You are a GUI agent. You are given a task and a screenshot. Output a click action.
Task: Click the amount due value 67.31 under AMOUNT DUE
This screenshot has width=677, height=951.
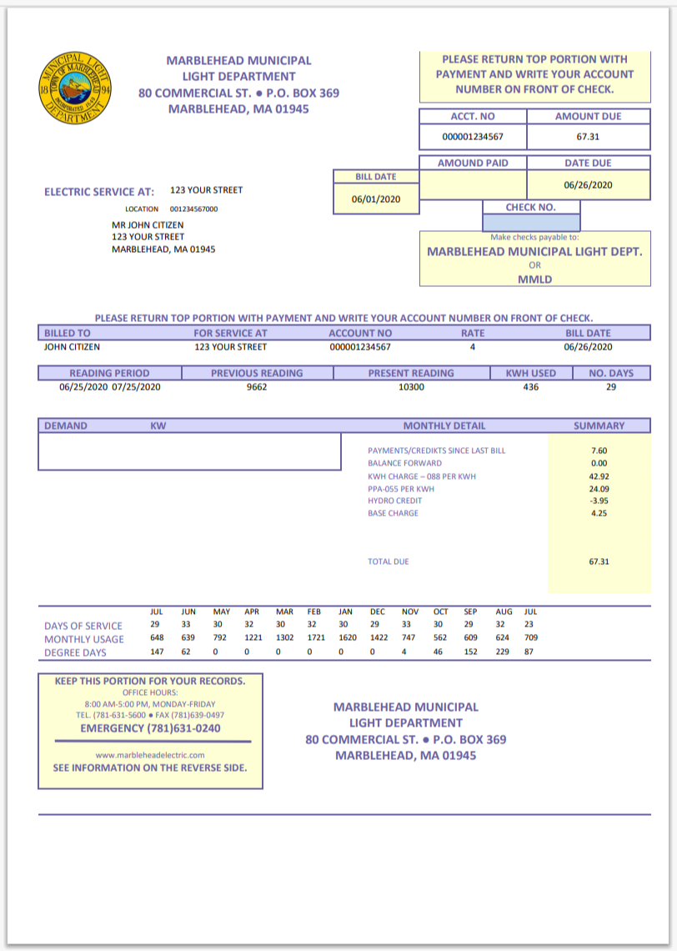[x=588, y=136]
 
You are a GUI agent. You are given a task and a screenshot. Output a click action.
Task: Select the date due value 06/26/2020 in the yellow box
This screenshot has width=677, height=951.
[x=588, y=185]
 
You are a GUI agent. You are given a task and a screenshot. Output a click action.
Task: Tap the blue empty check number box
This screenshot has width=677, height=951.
[x=531, y=223]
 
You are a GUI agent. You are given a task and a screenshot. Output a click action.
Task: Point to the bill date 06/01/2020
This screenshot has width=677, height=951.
[x=376, y=200]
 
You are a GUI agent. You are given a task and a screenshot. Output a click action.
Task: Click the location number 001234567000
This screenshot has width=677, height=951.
[x=194, y=209]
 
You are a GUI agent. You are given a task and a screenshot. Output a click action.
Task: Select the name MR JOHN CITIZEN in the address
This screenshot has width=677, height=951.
[x=148, y=225]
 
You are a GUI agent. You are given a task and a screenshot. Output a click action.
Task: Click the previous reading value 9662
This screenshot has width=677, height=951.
[x=257, y=387]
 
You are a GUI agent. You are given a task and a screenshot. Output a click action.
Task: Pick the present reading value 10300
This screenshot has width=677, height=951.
[x=411, y=387]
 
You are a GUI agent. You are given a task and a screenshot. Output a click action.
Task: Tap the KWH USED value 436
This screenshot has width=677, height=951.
[x=530, y=387]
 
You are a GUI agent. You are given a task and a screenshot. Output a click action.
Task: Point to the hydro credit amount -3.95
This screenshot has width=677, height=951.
[x=599, y=501]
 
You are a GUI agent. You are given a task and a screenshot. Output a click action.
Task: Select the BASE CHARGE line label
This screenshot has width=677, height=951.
[x=394, y=513]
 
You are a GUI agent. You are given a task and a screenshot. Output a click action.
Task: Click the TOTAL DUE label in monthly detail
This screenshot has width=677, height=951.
[x=389, y=562]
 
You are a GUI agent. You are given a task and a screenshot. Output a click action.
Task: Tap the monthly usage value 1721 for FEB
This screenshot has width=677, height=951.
[x=315, y=638]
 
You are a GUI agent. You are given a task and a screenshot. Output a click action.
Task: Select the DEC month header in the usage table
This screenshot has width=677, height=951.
[x=379, y=611]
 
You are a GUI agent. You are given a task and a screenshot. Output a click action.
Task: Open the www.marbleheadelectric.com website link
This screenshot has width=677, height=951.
[x=150, y=755]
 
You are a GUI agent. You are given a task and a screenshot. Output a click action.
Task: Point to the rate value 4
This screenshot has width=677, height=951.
[x=472, y=346]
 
